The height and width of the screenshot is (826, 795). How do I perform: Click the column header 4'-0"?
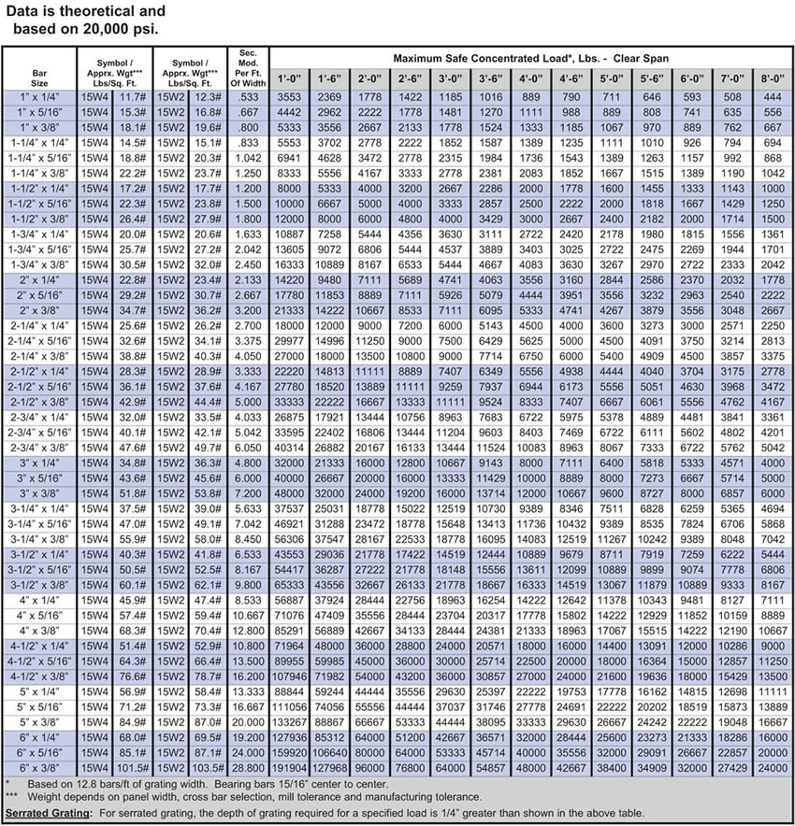click(531, 78)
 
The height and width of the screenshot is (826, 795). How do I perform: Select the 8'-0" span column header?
click(773, 78)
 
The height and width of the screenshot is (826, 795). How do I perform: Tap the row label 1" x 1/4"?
click(39, 96)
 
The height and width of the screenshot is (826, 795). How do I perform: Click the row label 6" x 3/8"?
click(39, 767)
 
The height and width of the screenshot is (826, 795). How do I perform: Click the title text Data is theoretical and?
click(85, 12)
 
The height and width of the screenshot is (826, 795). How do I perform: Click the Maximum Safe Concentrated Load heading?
click(530, 58)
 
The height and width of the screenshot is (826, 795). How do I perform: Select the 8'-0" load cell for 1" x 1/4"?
click(773, 96)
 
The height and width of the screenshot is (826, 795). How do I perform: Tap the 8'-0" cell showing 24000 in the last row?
click(773, 767)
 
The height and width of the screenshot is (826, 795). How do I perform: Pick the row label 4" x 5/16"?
click(39, 615)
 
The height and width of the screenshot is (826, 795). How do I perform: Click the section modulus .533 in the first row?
click(248, 96)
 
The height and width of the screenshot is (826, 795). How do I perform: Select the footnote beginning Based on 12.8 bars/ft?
click(187, 782)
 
